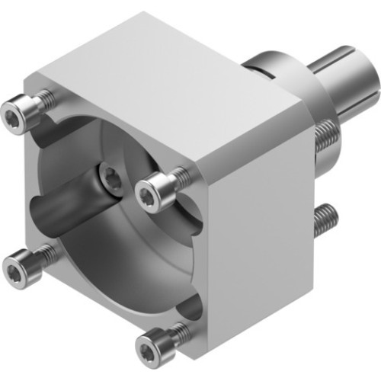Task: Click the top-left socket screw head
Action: [18, 116]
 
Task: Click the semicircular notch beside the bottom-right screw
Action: [190, 309]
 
